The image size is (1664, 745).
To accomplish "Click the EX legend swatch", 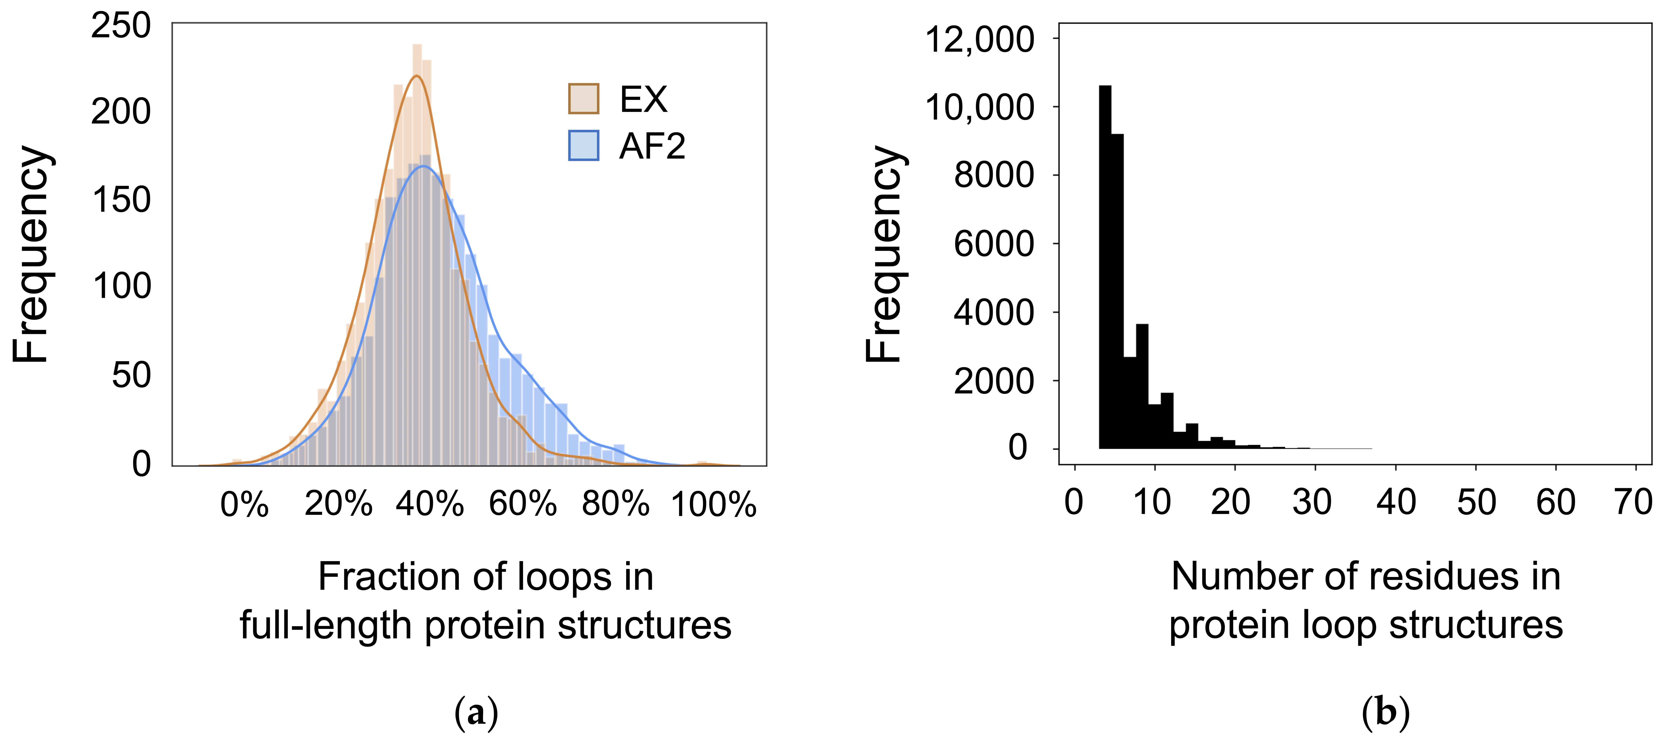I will pyautogui.click(x=583, y=99).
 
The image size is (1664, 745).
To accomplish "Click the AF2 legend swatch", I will pyautogui.click(x=583, y=145).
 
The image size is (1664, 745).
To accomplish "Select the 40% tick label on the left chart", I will pyautogui.click(x=430, y=504).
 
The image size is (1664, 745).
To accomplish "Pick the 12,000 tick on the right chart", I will pyautogui.click(x=979, y=40).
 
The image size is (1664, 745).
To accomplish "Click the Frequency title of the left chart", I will pyautogui.click(x=31, y=254).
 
